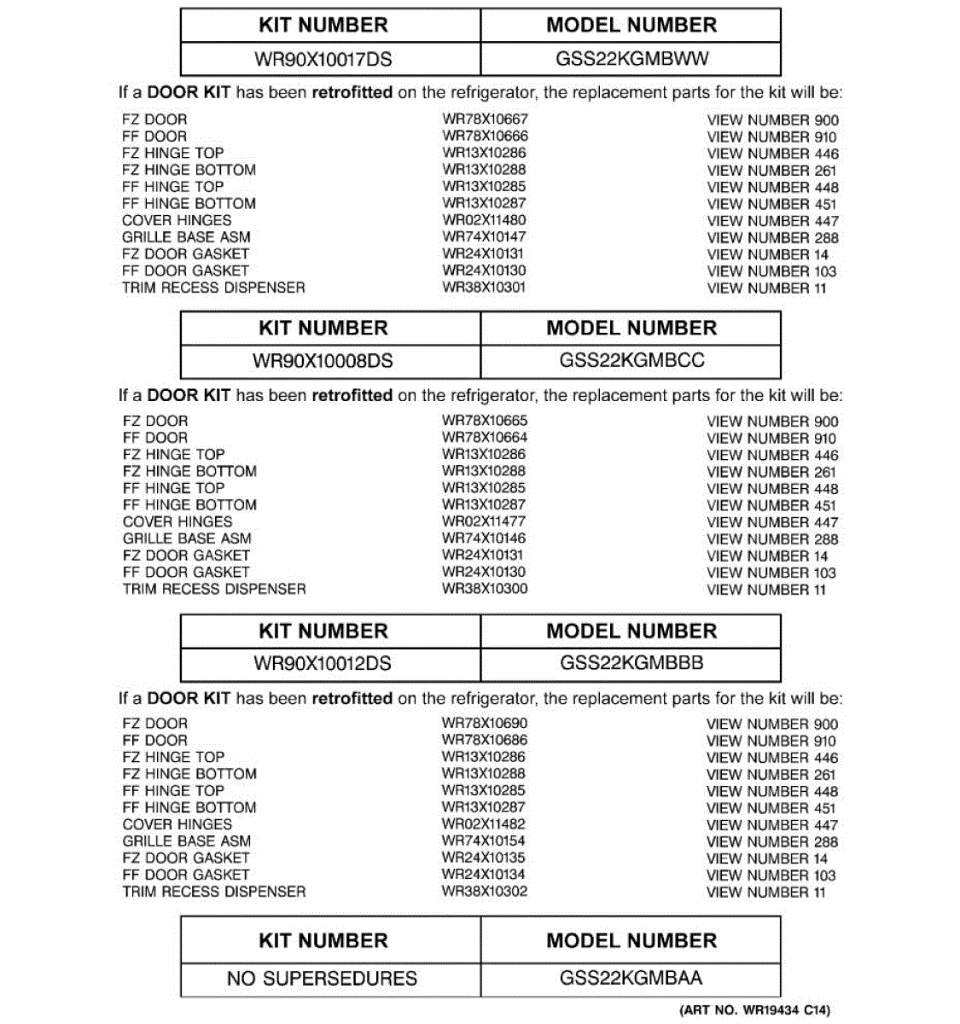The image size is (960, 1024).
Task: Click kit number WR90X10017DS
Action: pos(323,60)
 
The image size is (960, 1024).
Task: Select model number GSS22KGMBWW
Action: pos(631,59)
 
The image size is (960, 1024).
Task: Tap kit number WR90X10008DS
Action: pos(323,361)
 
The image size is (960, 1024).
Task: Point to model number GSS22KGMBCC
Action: pos(631,360)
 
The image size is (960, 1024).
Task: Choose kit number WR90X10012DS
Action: pos(323,663)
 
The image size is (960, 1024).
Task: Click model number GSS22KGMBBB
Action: pos(631,662)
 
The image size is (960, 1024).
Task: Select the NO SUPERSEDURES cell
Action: pos(322,978)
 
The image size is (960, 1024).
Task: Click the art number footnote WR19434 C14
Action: pos(754,1010)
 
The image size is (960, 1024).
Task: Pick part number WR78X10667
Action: pos(485,119)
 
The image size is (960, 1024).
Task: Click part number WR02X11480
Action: pos(484,220)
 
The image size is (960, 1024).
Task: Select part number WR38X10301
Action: pos(484,288)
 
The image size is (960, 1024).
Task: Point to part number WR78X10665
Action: pos(485,421)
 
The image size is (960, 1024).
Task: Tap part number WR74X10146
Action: pos(484,538)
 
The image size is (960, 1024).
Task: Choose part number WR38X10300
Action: pos(485,589)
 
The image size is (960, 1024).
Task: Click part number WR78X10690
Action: pos(485,723)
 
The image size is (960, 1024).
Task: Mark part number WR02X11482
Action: pos(484,824)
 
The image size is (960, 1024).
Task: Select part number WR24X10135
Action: pos(484,858)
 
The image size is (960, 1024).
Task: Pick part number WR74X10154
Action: pos(484,841)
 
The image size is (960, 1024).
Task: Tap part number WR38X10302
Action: pos(485,892)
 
